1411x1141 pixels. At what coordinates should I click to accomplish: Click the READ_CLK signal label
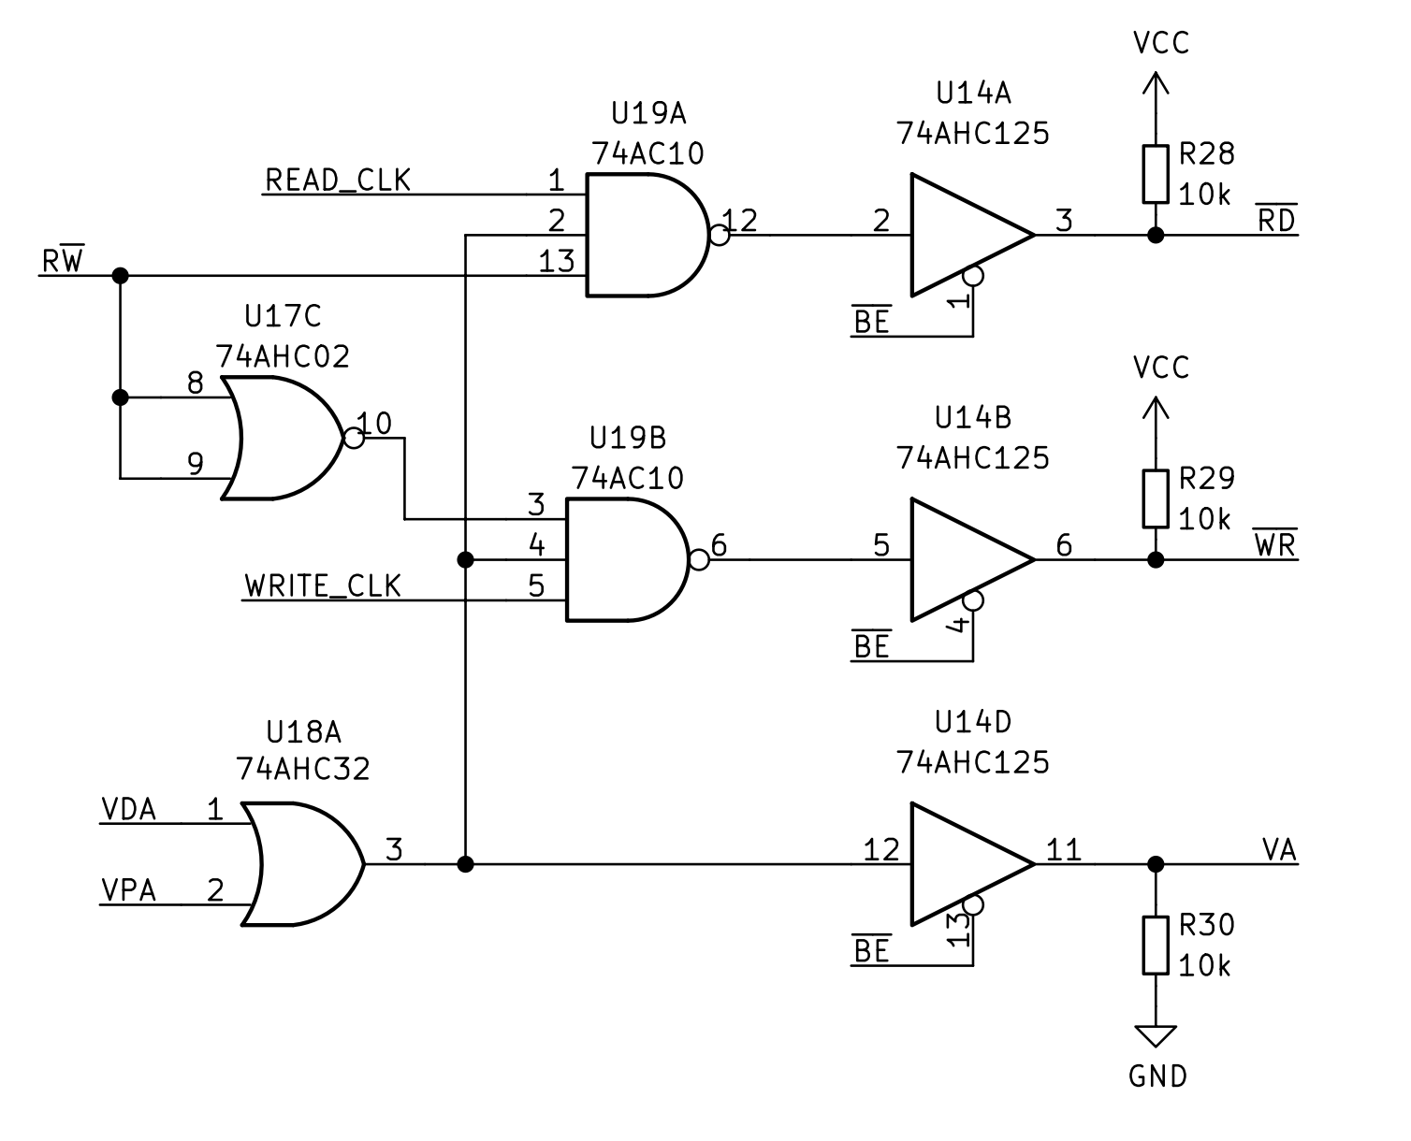pos(338,180)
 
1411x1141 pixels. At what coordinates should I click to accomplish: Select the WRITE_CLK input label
pos(323,585)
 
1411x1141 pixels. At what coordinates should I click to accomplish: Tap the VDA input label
pos(128,809)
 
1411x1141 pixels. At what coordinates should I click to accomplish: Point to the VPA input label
pos(128,890)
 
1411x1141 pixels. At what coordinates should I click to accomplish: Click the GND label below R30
pos(1157,1076)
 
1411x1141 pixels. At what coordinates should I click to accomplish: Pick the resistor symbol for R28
pos(1156,174)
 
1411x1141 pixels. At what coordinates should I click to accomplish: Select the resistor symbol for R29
pos(1156,498)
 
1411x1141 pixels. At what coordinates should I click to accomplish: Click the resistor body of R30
pos(1156,946)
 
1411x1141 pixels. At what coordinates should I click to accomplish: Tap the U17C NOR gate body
pos(281,438)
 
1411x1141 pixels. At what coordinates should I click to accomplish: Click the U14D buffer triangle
pos(964,863)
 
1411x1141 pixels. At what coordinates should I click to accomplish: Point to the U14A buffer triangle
pos(964,234)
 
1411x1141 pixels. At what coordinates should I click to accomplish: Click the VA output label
pos(1278,850)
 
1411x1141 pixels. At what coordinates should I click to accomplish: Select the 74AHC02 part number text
pos(283,356)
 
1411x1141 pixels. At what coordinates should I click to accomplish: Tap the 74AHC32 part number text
pos(303,769)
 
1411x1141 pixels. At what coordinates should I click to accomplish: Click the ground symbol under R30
pos(1156,1035)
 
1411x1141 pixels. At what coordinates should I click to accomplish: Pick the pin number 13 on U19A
pos(556,261)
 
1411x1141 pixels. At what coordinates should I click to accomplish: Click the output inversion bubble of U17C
pos(353,438)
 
